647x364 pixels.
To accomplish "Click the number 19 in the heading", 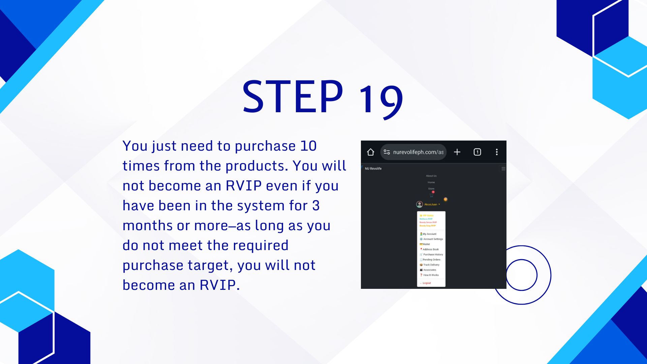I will click(x=381, y=99).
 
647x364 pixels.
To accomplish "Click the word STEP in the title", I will click(x=292, y=97).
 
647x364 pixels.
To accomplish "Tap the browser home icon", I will click(x=370, y=152).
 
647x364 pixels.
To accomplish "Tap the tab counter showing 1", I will click(x=477, y=152).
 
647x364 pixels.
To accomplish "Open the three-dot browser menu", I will click(x=496, y=152).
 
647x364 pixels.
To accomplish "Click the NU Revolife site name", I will click(x=373, y=169).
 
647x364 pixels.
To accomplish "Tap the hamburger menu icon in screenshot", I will click(x=503, y=169).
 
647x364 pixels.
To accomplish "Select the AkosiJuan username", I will click(x=431, y=204).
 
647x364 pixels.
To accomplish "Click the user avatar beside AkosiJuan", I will click(x=420, y=204).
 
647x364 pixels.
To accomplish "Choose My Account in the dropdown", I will click(x=429, y=234).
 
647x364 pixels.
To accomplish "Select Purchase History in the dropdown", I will click(x=433, y=254).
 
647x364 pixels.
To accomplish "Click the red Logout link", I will click(x=427, y=283).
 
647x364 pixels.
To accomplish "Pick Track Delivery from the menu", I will click(x=431, y=265).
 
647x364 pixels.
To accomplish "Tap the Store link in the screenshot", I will click(x=431, y=189).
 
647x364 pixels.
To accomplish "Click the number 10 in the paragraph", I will click(x=308, y=146).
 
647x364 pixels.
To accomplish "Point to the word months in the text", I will click(x=148, y=226).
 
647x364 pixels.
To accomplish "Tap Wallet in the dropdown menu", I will click(x=426, y=244).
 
